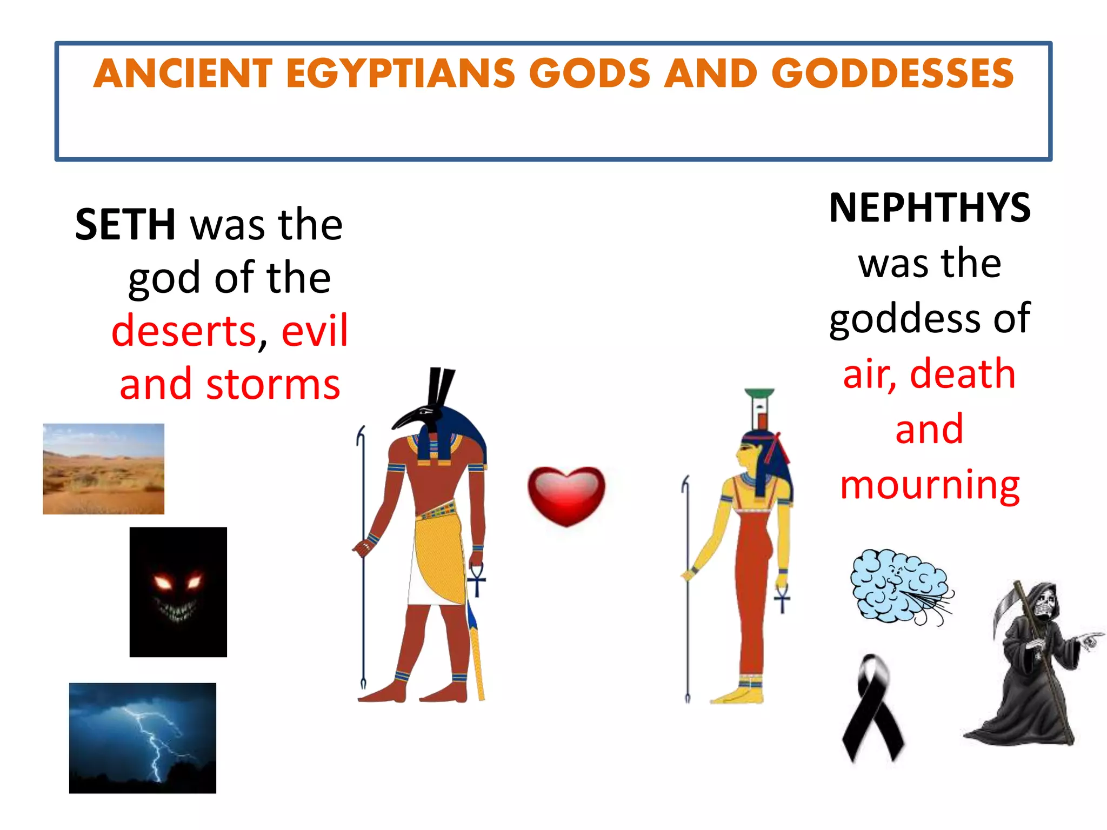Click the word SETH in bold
pos(125,225)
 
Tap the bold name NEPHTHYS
pos(929,208)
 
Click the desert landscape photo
pos(103,468)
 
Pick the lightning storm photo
pos(142,738)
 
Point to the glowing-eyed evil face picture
pos(178,592)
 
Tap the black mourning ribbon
pos(872,708)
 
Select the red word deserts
pos(184,331)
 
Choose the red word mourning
pos(930,485)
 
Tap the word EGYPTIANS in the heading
pos(401,73)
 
